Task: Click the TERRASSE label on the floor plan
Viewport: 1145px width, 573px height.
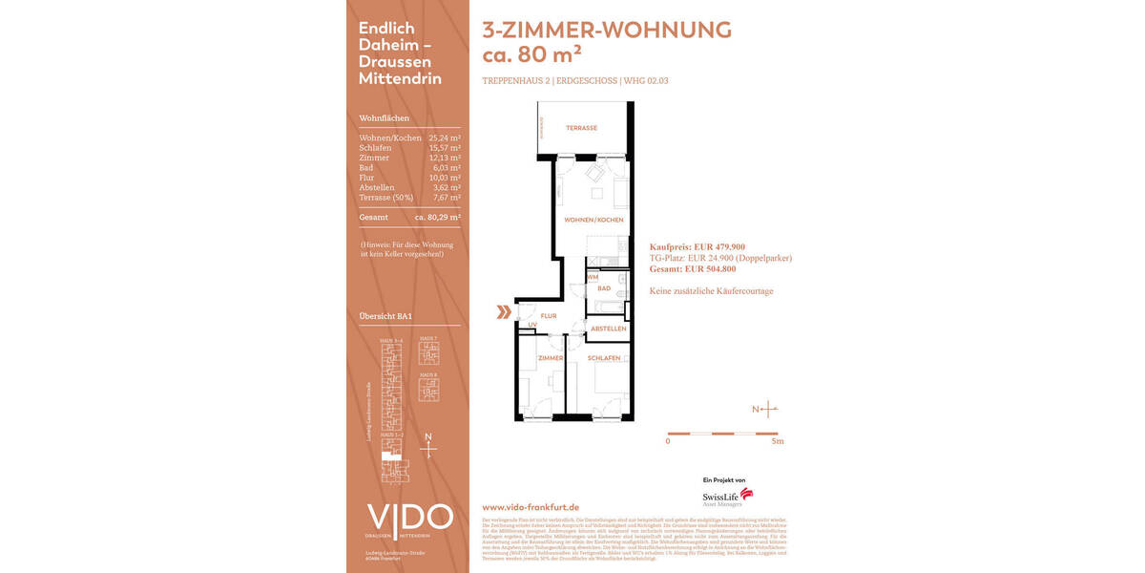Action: [x=581, y=128]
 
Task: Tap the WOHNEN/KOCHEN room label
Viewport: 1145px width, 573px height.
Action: [x=593, y=220]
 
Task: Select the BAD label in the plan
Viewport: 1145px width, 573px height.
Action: [x=604, y=287]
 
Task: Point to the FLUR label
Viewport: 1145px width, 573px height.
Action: [x=549, y=315]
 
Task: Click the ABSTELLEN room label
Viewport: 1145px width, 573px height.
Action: [x=609, y=329]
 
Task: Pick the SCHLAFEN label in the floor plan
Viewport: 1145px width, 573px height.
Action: [x=604, y=358]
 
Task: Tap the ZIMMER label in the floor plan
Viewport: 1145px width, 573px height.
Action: [x=551, y=358]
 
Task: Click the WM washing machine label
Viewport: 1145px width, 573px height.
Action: [x=592, y=277]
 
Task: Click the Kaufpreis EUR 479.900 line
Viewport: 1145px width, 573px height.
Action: [x=697, y=246]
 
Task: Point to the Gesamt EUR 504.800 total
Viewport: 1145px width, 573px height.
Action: [x=693, y=269]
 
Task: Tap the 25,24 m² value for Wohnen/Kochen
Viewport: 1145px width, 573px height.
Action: [x=445, y=138]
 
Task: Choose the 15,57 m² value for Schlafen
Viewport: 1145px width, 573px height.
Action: [x=445, y=148]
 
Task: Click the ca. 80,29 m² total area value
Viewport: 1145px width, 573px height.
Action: [x=438, y=217]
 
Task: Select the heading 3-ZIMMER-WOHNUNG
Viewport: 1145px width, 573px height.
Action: [x=607, y=30]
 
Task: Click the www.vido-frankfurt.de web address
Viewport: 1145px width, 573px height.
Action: [x=531, y=507]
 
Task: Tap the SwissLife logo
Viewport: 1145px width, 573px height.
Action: [x=727, y=497]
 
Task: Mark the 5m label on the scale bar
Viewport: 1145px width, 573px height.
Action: [x=778, y=441]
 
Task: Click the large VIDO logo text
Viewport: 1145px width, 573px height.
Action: [x=410, y=518]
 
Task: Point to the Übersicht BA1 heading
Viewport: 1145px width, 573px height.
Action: [x=385, y=316]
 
